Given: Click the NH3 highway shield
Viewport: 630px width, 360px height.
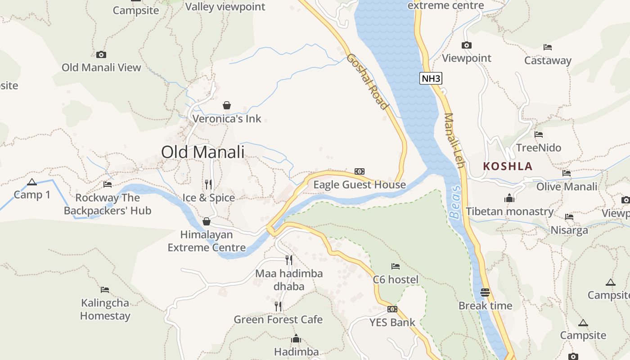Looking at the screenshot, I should tap(431, 78).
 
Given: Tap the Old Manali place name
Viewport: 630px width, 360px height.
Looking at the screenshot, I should tap(202, 152).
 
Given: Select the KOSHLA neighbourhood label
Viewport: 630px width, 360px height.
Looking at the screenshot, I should tap(508, 166).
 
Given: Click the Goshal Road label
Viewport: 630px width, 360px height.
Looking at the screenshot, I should tap(368, 81).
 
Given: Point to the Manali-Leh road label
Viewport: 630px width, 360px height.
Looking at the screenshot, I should tap(454, 140).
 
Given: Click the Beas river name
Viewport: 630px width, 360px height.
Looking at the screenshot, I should tap(455, 202).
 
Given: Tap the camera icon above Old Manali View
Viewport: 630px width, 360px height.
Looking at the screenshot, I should tap(101, 54).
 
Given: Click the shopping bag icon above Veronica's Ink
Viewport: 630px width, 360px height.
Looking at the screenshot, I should tap(227, 105).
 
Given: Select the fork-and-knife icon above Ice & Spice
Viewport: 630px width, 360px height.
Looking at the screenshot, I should tap(208, 184).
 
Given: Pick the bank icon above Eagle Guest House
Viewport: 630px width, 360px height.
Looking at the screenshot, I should tap(359, 171).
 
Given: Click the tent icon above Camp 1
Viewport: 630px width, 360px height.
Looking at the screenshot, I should tap(31, 182).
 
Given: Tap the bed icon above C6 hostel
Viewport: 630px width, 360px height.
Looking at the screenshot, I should tap(396, 266).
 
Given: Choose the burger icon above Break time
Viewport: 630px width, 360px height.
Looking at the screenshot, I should tap(485, 292).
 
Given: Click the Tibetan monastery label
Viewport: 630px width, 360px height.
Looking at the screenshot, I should tap(509, 211).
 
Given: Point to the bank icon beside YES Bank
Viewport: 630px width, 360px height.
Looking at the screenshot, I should tap(392, 309).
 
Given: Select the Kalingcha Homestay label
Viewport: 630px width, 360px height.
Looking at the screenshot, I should tap(105, 309).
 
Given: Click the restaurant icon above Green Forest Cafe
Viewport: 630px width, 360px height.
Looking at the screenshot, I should tap(278, 306).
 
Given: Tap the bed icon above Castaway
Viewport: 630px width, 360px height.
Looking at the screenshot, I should tap(547, 47).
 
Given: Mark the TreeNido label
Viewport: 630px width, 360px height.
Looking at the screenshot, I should tap(538, 148).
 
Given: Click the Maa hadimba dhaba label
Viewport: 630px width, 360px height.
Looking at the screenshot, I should tap(289, 280).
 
